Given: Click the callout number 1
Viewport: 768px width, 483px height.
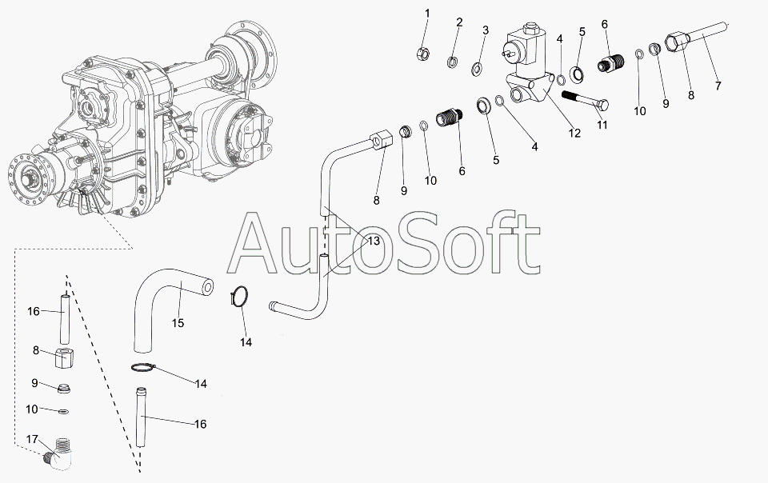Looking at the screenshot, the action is pyautogui.click(x=427, y=14).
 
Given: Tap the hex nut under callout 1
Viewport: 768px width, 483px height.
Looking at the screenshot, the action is pyautogui.click(x=423, y=54).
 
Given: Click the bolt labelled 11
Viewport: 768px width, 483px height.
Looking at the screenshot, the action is pyautogui.click(x=585, y=101).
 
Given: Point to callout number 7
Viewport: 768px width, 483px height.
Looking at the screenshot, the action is pyautogui.click(x=718, y=86).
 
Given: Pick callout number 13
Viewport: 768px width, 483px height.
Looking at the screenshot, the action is pyautogui.click(x=374, y=241).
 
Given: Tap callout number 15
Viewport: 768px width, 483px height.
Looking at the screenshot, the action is pyautogui.click(x=178, y=323).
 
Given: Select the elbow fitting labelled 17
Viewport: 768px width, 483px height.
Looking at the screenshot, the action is pyautogui.click(x=58, y=453).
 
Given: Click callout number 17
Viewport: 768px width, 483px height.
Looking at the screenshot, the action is pyautogui.click(x=32, y=440).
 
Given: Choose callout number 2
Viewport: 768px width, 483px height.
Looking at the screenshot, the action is pyautogui.click(x=459, y=22).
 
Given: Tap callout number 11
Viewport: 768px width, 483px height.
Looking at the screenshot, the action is pyautogui.click(x=602, y=125).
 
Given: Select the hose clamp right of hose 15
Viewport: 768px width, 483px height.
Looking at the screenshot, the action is pyautogui.click(x=239, y=297).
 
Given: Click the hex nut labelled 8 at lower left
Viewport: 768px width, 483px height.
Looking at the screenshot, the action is pyautogui.click(x=64, y=359).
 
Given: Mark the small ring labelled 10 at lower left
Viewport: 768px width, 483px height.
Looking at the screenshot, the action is pyautogui.click(x=63, y=410).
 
